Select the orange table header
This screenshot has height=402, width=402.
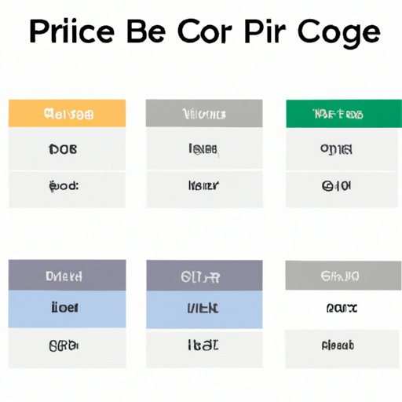tap(67, 113)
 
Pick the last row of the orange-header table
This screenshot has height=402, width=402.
tap(67, 187)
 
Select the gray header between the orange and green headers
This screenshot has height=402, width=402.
tap(204, 113)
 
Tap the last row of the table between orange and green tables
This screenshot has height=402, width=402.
tap(204, 187)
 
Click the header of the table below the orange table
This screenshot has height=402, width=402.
tap(67, 276)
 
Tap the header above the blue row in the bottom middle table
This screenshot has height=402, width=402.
tap(204, 276)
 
